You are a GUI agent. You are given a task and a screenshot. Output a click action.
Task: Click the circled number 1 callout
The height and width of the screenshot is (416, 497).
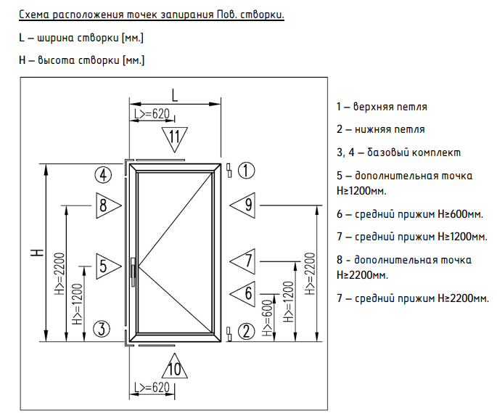[x=246, y=171]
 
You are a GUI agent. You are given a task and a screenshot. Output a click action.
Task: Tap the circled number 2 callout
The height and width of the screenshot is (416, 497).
[x=246, y=331]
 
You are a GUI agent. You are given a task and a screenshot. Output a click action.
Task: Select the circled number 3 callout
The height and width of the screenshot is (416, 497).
[x=102, y=328]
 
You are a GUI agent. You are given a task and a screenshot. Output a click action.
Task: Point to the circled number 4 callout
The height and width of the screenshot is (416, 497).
[x=103, y=175]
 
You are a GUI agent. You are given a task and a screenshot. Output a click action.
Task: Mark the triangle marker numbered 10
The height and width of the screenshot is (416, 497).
[x=174, y=366]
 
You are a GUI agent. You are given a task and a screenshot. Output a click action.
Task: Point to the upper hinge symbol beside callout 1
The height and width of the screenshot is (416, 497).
[x=229, y=171]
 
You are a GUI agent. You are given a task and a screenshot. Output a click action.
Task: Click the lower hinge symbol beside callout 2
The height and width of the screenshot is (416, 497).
[x=229, y=333]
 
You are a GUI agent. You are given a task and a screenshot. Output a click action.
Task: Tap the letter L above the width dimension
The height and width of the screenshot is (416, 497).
[x=175, y=95]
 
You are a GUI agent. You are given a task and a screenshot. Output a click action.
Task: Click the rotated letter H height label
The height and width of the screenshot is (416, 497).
[x=38, y=253]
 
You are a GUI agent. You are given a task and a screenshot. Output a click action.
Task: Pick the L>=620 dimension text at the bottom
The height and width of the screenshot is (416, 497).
[x=152, y=387]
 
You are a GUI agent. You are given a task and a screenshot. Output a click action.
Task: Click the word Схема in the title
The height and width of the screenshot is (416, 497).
[x=34, y=15]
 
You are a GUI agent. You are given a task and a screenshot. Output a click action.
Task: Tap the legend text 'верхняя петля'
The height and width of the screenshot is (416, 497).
[x=390, y=107]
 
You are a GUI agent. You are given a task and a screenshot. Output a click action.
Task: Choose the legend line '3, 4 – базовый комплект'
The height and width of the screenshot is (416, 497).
[x=398, y=152]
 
